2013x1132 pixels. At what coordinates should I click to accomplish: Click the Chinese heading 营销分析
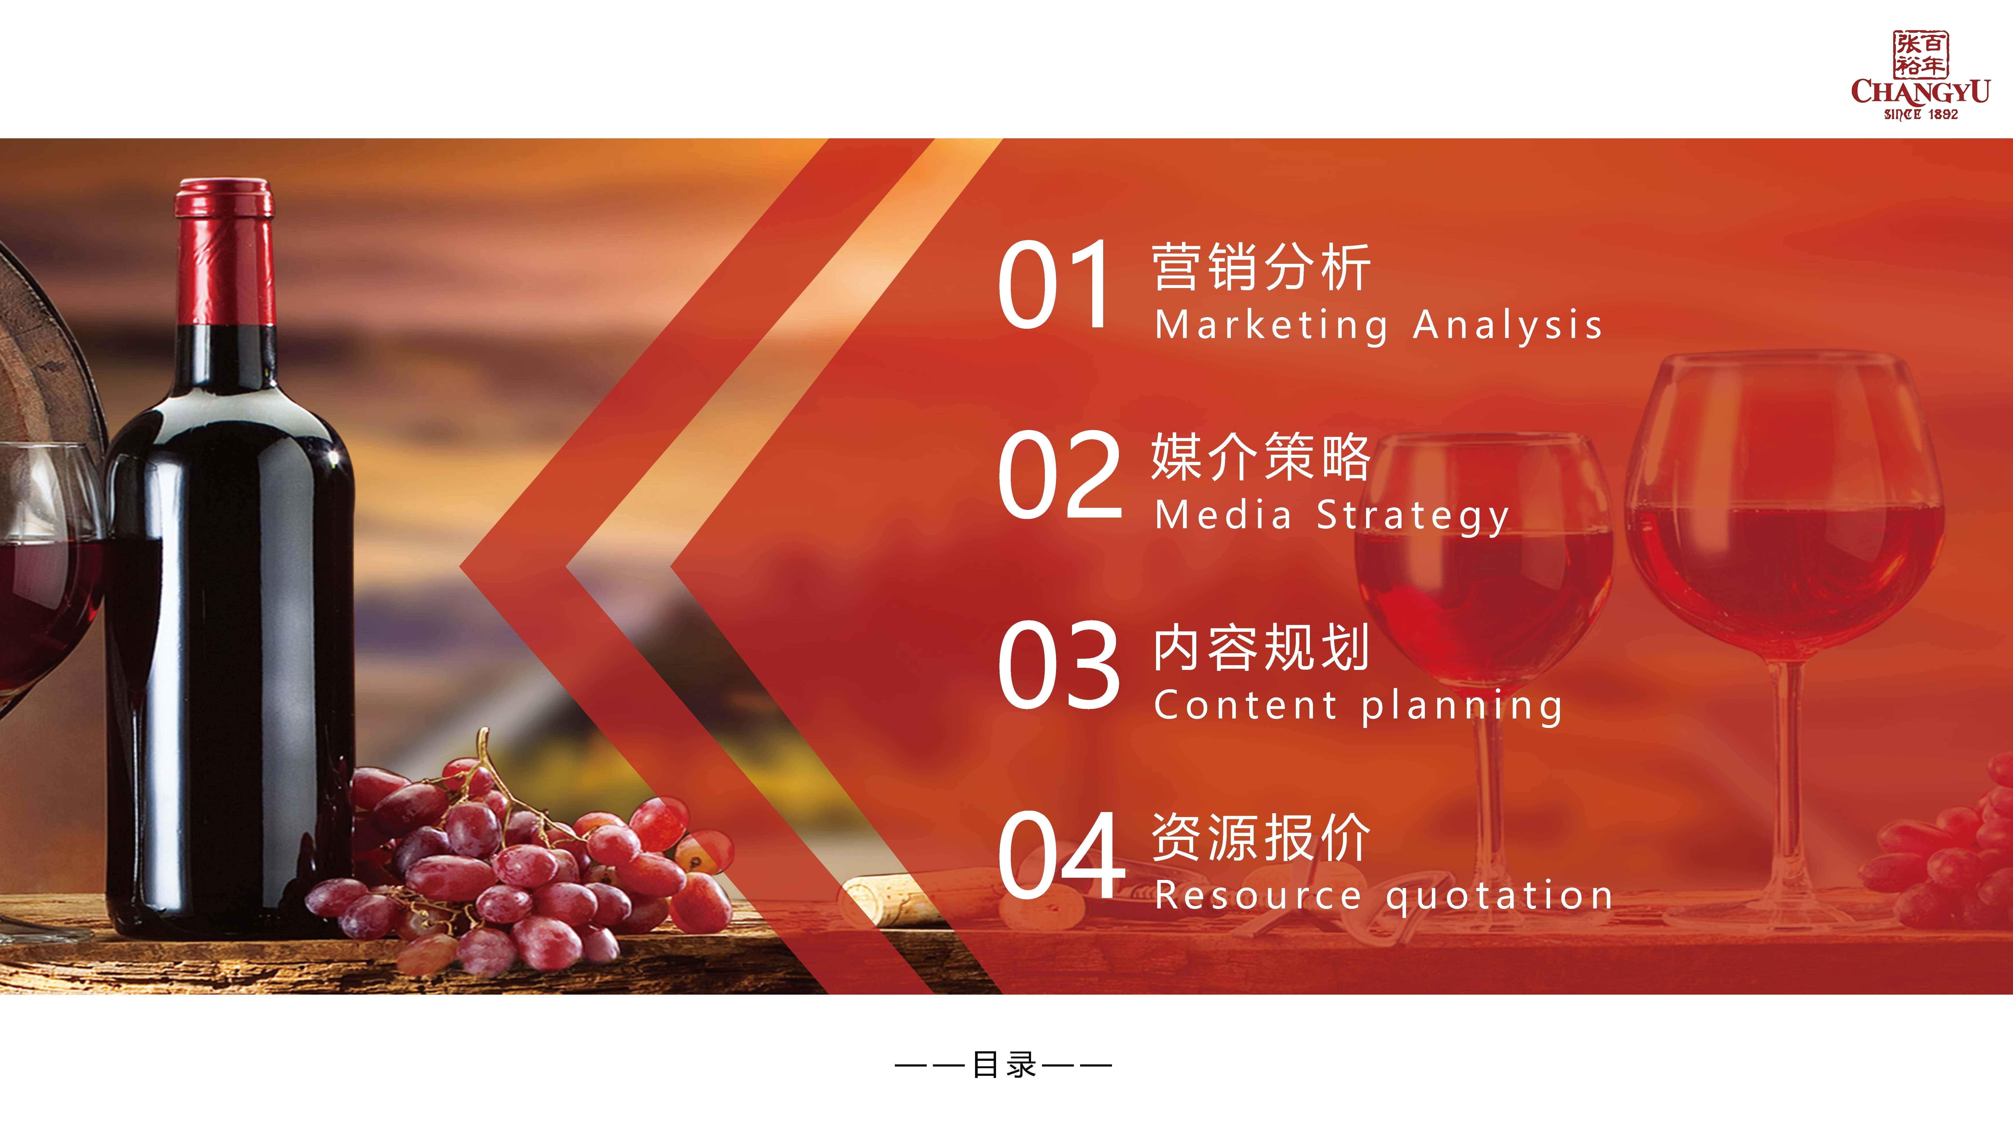click(1261, 267)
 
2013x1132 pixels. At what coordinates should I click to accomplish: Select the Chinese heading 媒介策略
click(1261, 457)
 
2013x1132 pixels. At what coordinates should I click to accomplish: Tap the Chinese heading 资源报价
click(1261, 837)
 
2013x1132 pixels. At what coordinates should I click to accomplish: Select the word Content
click(1246, 705)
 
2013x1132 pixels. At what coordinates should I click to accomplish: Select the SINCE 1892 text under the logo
click(1921, 114)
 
